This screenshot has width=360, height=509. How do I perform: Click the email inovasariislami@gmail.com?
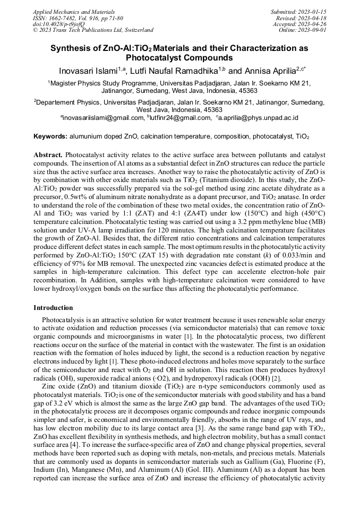103,117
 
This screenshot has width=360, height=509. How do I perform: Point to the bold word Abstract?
48,155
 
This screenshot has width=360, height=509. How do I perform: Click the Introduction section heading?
53,308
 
